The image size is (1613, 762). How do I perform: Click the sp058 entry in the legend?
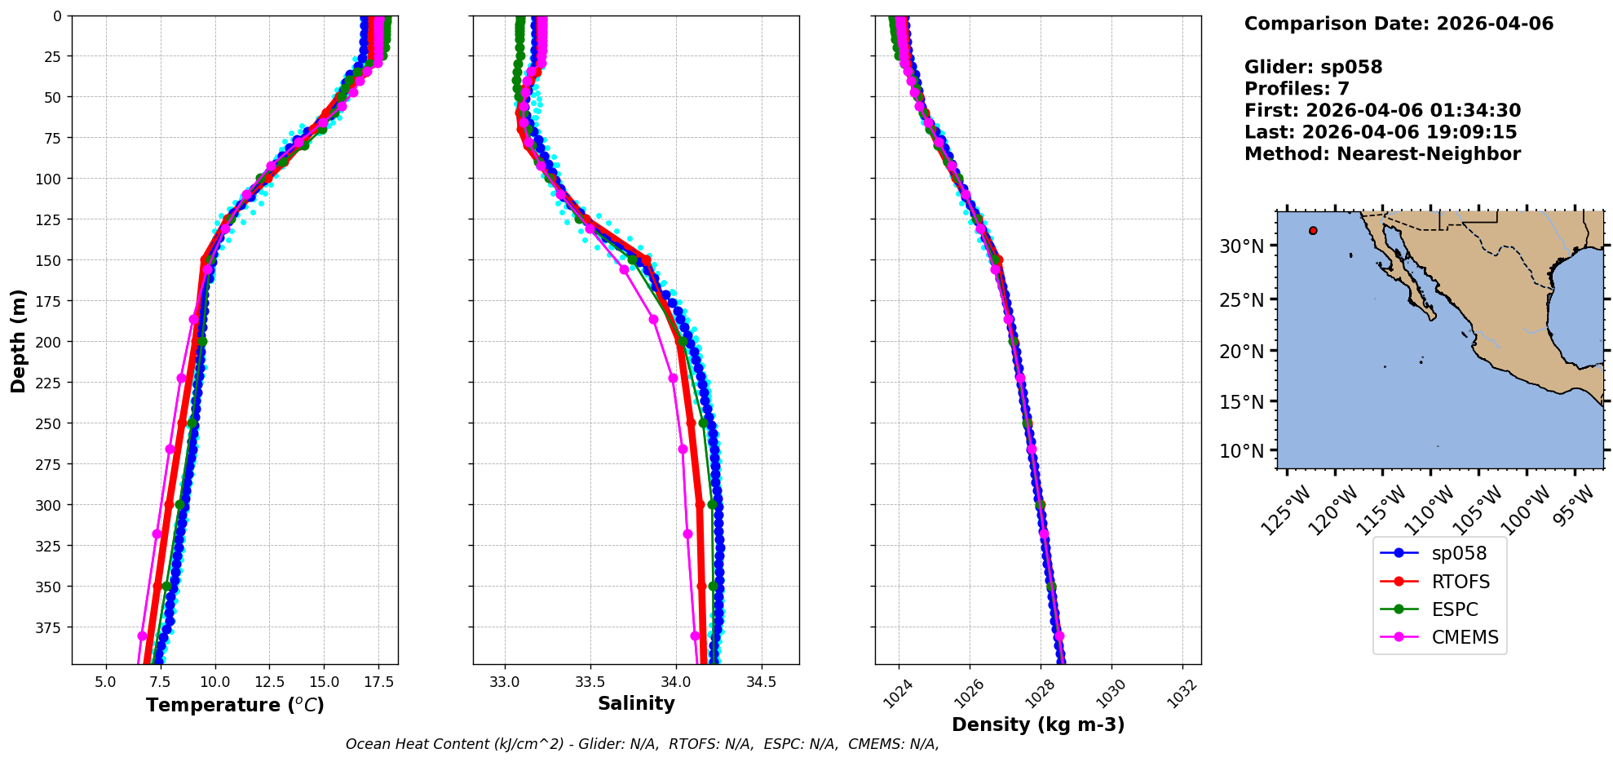pos(1458,553)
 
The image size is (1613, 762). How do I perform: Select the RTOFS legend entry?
pos(1460,582)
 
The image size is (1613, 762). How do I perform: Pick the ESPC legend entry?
pos(1454,609)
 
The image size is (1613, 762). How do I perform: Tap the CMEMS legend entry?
pos(1465,637)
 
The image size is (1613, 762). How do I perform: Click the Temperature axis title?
pos(235,705)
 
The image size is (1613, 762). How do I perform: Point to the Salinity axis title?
pos(636,703)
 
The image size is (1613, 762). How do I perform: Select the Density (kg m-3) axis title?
pos(1037,724)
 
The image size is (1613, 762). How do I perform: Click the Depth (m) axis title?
pos(18,340)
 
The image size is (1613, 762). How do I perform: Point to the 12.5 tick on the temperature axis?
pos(269,682)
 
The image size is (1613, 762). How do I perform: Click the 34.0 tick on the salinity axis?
pos(675,682)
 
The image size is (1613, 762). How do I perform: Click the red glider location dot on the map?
pos(1313,231)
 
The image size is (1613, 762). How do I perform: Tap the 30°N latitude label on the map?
pos(1241,246)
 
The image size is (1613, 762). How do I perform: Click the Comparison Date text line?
pos(1399,24)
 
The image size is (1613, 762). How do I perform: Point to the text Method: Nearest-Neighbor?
pos(1382,154)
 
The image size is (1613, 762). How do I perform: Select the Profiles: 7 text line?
pos(1297,89)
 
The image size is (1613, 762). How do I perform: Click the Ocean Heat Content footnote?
pos(642,744)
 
